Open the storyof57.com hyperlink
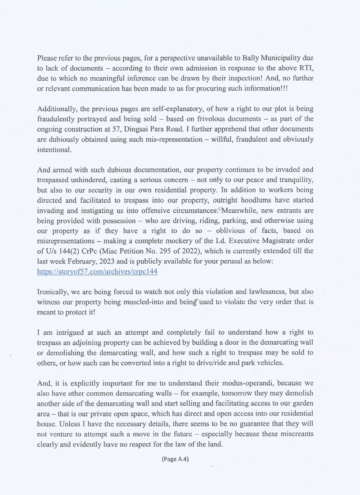tap(97, 272)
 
